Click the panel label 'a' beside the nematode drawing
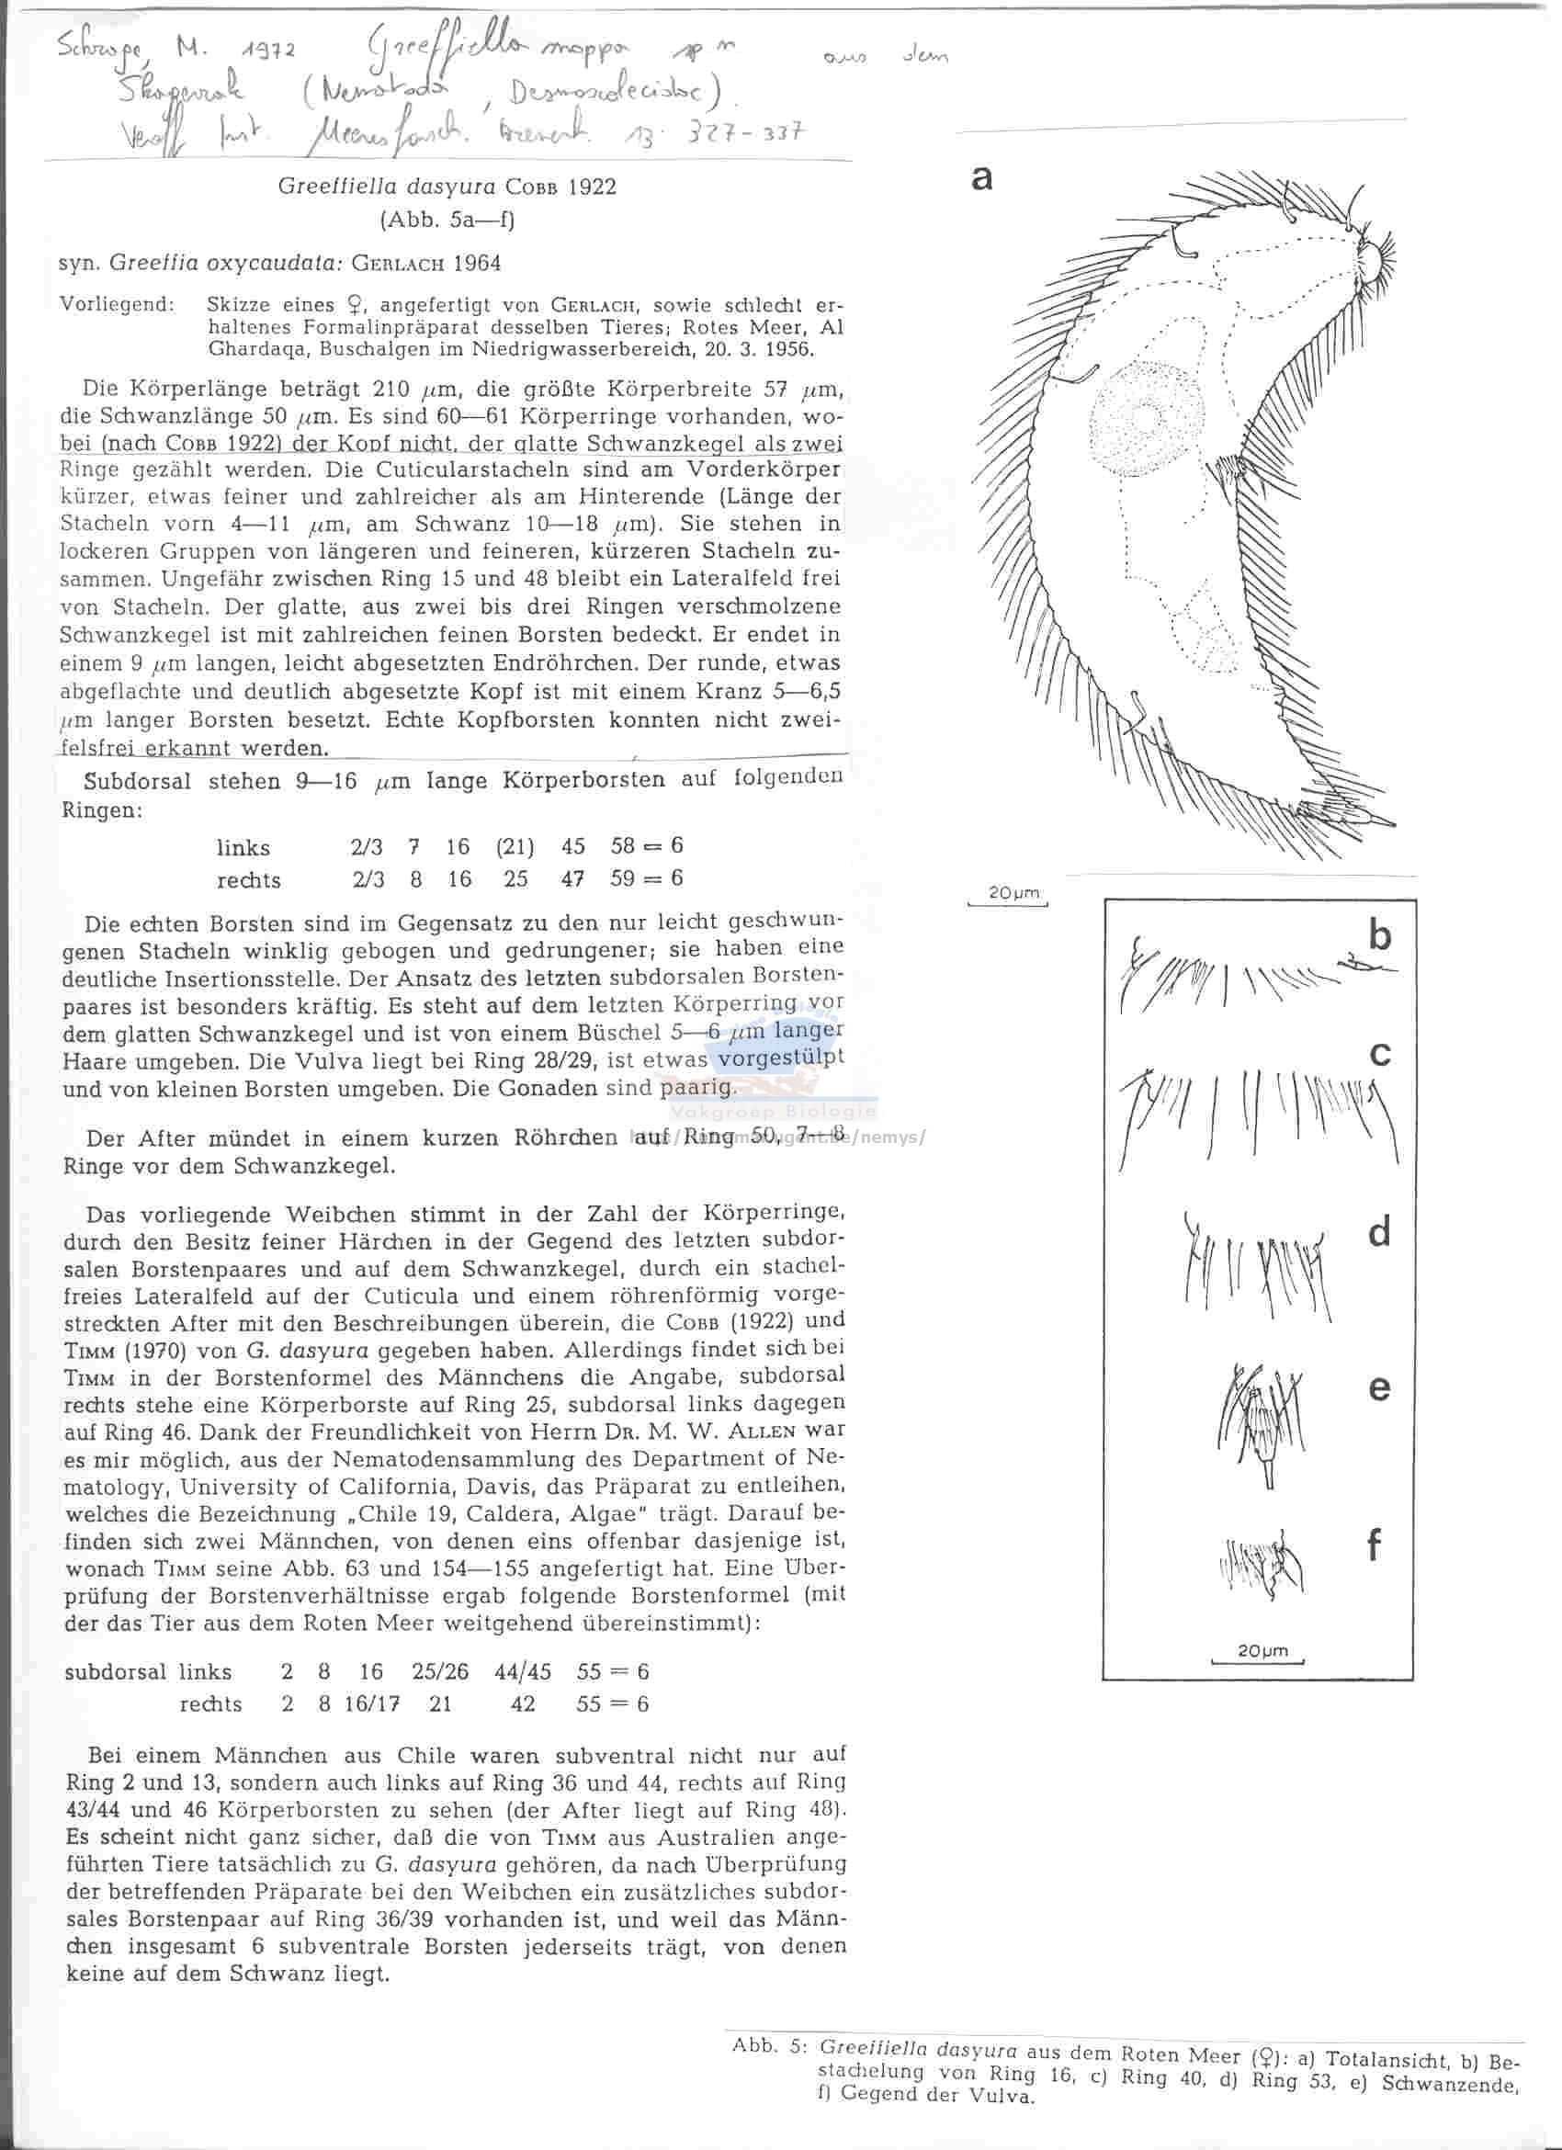coord(982,177)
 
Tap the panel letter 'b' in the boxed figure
coord(1380,935)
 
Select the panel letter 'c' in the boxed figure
coord(1381,1053)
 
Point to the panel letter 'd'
coord(1380,1231)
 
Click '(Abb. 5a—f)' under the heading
coord(447,220)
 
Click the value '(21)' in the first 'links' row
coord(515,846)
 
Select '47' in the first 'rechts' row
coord(572,878)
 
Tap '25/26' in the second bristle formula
coord(440,1671)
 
